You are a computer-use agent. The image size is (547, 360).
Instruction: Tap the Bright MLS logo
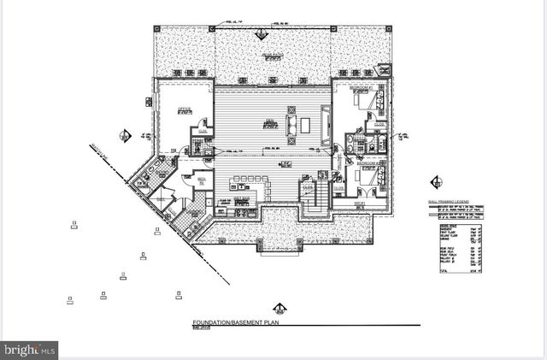point(29,349)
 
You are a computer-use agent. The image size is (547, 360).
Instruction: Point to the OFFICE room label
point(184,109)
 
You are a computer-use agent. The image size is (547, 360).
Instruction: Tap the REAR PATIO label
point(272,55)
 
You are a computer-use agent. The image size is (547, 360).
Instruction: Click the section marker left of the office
point(126,136)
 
